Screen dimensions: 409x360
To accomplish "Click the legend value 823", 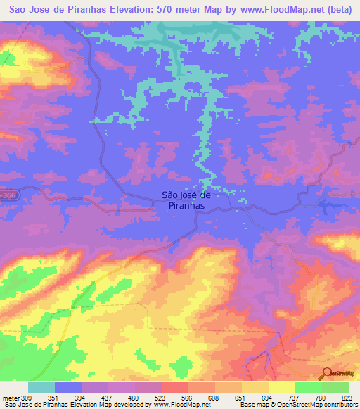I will pos(347,398).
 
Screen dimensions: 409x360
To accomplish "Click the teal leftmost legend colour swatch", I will pos(41,387).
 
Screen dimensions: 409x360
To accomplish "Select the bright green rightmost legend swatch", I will pos(335,387).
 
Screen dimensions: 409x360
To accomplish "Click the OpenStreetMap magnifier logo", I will pos(328,374).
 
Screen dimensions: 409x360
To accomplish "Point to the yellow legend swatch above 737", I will pos(281,387).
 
